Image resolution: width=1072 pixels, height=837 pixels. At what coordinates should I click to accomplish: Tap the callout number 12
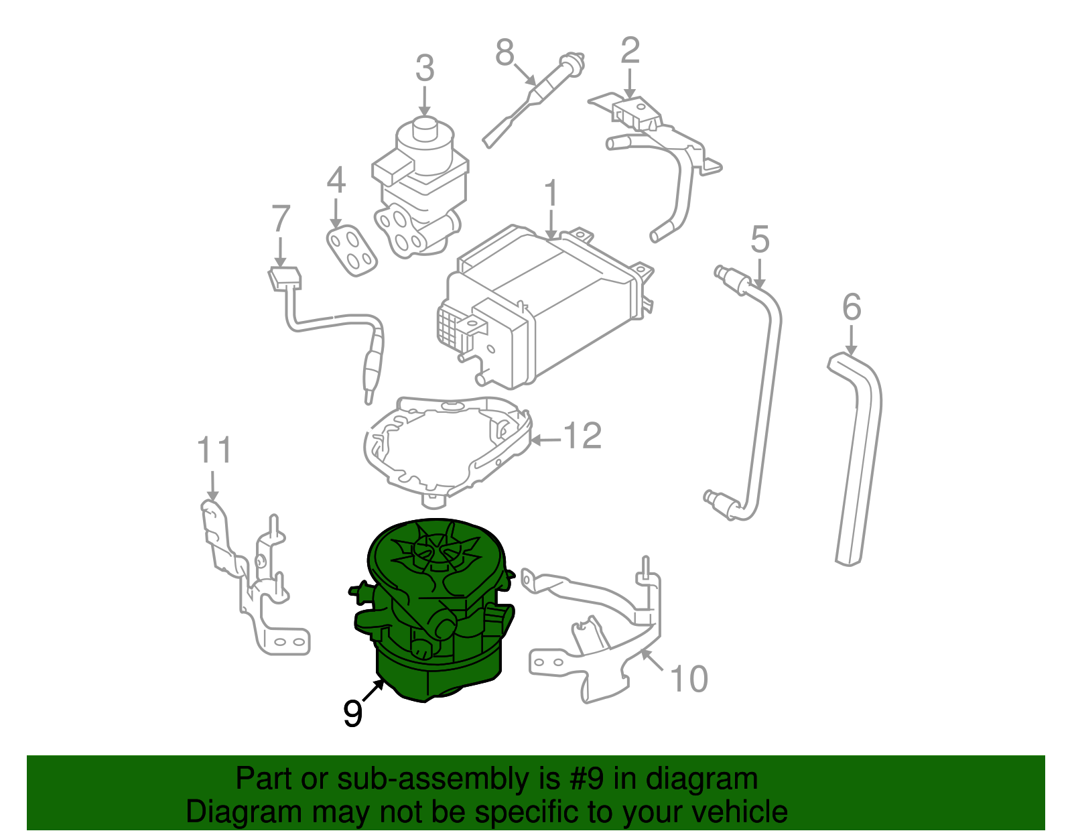[582, 436]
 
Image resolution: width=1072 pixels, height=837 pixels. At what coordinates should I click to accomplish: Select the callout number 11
[214, 450]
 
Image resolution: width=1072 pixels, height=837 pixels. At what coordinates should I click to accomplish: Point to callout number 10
[688, 680]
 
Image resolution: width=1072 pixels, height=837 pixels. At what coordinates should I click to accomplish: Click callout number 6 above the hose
[851, 308]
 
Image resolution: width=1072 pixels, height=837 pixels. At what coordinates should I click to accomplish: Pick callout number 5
[760, 239]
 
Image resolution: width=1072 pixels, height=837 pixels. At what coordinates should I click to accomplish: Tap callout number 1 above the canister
[551, 194]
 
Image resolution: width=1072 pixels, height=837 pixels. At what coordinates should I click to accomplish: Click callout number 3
[425, 69]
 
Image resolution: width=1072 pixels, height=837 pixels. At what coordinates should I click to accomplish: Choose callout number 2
[630, 51]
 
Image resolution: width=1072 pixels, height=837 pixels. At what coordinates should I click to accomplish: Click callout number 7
[281, 219]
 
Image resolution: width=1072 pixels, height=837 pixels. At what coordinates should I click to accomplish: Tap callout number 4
[336, 180]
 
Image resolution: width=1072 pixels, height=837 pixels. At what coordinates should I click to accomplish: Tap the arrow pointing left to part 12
[544, 440]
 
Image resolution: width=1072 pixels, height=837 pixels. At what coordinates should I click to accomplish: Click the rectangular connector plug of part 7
[284, 277]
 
